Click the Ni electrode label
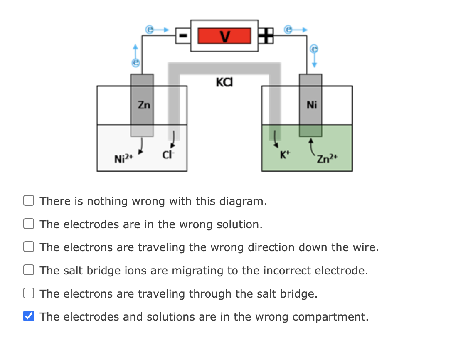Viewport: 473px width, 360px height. pyautogui.click(x=311, y=105)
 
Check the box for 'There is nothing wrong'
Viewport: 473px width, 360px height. pyautogui.click(x=28, y=201)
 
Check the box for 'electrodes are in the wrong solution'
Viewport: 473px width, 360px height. pyautogui.click(x=28, y=224)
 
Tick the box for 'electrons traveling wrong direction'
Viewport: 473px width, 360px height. pyautogui.click(x=28, y=247)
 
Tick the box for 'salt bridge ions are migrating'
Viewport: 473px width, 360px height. pyautogui.click(x=28, y=271)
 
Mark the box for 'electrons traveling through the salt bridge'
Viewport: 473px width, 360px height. pyautogui.click(x=28, y=294)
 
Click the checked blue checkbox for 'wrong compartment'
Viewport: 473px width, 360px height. pyautogui.click(x=28, y=317)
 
